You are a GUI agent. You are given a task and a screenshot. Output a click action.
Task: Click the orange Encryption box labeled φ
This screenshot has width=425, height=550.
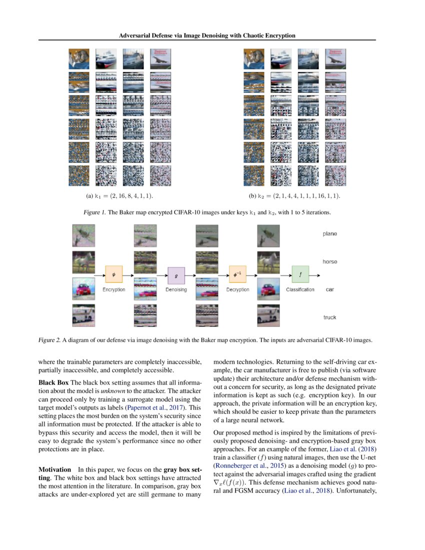(113, 274)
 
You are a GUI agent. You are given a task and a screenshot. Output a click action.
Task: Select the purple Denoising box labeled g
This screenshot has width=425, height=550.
(176, 275)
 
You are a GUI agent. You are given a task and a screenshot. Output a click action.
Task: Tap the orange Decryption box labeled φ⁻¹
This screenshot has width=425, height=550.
(237, 274)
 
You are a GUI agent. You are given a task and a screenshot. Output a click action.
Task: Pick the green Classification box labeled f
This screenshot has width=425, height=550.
(300, 274)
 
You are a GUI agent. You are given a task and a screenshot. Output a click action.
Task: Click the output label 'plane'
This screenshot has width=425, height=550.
(329, 233)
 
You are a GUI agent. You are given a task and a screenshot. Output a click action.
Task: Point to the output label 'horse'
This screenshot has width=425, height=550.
(329, 261)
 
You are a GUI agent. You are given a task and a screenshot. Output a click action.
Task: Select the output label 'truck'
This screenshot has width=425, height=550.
(329, 317)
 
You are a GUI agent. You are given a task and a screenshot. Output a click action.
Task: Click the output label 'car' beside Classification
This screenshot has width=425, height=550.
(329, 289)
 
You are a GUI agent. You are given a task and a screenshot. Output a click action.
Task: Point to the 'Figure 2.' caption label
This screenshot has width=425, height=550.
(49, 340)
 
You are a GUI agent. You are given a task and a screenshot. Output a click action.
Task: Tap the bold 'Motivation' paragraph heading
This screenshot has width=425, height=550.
(55, 470)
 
